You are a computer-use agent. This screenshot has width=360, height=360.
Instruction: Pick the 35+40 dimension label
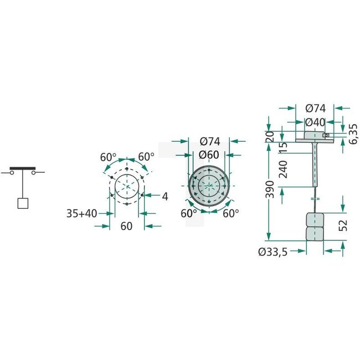tap(80, 212)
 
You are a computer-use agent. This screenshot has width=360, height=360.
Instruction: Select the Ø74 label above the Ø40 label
tap(315, 109)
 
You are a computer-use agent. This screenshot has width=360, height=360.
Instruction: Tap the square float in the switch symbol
tap(23, 203)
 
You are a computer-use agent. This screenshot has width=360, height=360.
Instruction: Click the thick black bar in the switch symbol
tap(23, 168)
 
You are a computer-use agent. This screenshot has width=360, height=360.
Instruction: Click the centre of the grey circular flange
tap(208, 187)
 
